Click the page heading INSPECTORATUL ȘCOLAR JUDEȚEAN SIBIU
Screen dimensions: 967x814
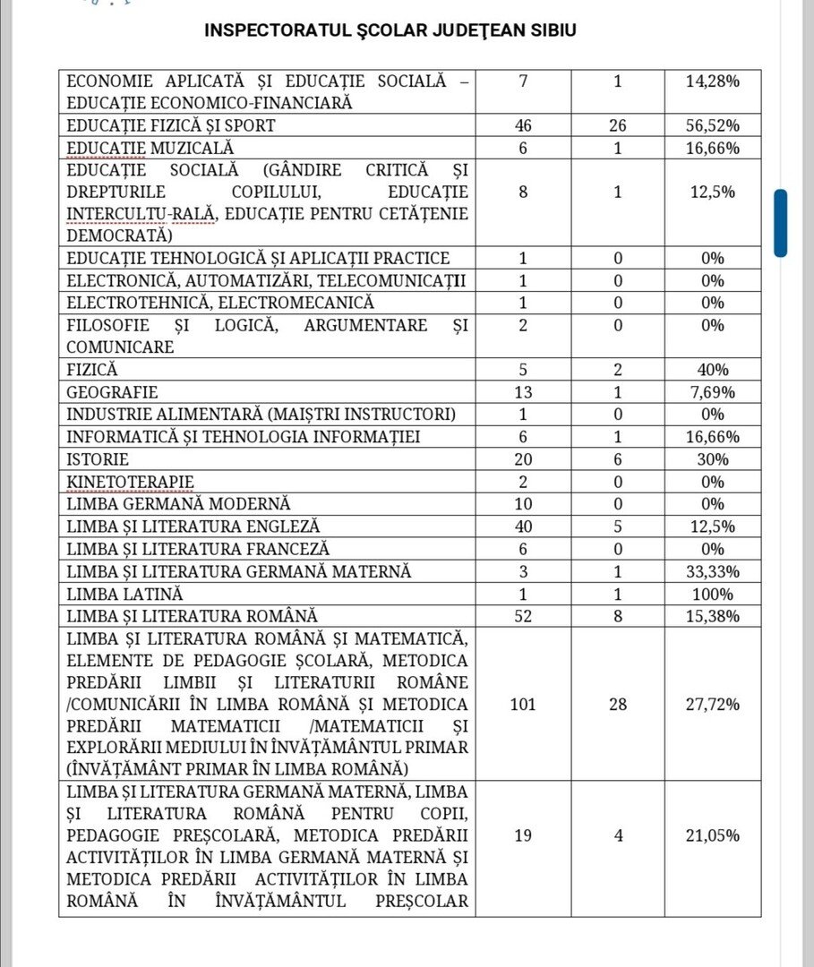point(390,30)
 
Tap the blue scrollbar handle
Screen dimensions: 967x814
point(780,223)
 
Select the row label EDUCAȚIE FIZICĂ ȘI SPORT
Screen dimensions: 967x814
point(171,125)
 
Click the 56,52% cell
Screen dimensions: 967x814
point(712,125)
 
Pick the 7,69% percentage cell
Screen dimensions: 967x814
point(712,392)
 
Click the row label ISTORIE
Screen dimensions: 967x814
point(98,459)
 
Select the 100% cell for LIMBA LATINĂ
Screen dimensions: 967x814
point(712,594)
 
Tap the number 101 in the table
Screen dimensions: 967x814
point(523,704)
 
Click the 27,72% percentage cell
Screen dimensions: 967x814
point(712,704)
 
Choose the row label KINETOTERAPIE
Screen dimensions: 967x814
point(130,482)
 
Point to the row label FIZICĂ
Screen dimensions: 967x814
point(92,369)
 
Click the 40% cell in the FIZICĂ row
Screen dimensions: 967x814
point(712,369)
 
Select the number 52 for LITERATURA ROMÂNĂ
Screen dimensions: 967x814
point(523,616)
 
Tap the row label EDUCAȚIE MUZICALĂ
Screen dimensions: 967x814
point(150,148)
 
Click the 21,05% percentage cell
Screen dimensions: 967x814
point(712,835)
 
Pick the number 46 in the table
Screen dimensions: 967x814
point(523,125)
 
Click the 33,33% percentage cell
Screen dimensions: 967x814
point(712,571)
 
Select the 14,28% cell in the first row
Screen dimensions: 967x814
point(712,81)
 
